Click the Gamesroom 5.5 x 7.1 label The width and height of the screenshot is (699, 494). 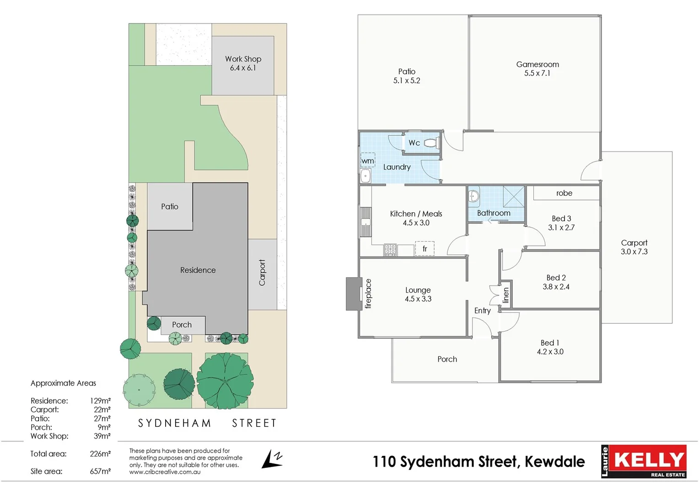pyautogui.click(x=538, y=69)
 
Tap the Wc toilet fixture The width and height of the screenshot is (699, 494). pyautogui.click(x=431, y=143)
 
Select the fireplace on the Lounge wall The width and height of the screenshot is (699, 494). pyautogui.click(x=354, y=294)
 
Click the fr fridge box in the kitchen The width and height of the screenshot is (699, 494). pyautogui.click(x=425, y=248)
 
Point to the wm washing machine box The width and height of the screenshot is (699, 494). pyautogui.click(x=368, y=160)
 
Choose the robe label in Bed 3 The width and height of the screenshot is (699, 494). pyautogui.click(x=564, y=193)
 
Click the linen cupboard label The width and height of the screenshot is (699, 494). pyautogui.click(x=505, y=295)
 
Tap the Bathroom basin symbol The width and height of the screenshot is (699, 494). pyautogui.click(x=474, y=197)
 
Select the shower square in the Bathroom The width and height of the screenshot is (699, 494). pyautogui.click(x=514, y=198)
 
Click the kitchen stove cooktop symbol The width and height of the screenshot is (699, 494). pyautogui.click(x=390, y=250)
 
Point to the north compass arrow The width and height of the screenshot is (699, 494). pyautogui.click(x=273, y=459)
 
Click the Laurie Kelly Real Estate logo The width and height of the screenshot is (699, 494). pyautogui.click(x=644, y=461)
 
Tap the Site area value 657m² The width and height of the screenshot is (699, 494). pyautogui.click(x=100, y=471)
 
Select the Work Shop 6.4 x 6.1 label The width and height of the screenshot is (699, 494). pyautogui.click(x=243, y=63)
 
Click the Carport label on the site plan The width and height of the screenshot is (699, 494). pyautogui.click(x=262, y=273)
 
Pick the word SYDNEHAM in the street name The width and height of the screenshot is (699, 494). pyautogui.click(x=175, y=423)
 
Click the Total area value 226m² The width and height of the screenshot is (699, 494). pyautogui.click(x=100, y=454)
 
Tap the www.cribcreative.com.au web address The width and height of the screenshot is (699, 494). pyautogui.click(x=165, y=472)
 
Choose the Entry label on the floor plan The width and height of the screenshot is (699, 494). pyautogui.click(x=482, y=311)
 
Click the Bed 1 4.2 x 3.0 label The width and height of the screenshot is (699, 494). pyautogui.click(x=550, y=347)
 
